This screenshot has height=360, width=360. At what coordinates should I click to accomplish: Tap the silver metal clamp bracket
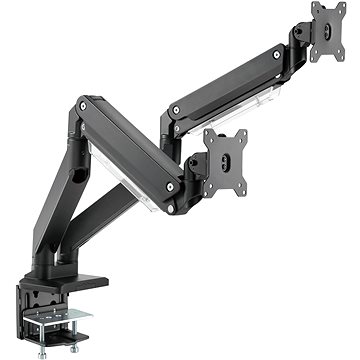[x=62, y=318]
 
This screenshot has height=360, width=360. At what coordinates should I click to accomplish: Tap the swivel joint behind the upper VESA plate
[x=301, y=40]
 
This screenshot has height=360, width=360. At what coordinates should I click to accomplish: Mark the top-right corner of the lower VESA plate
[x=247, y=133]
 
